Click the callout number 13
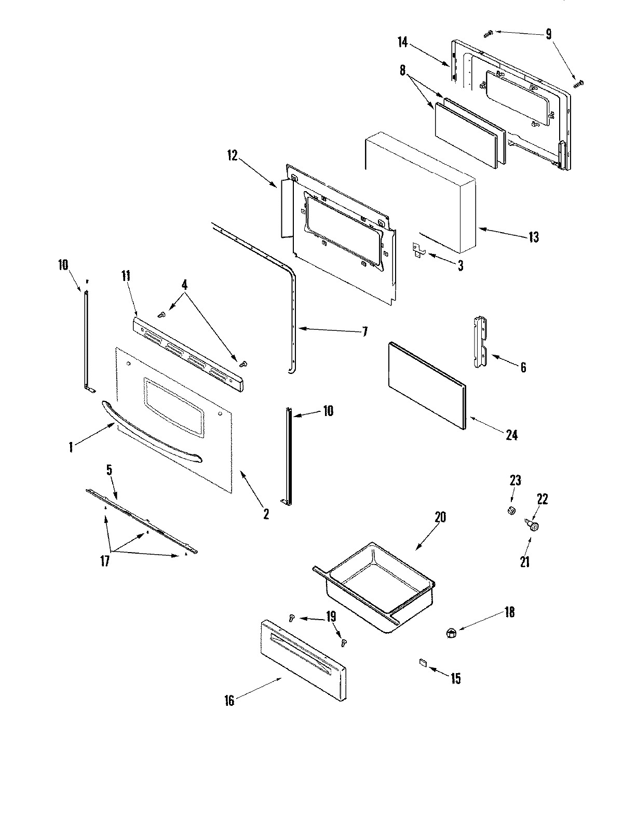534,238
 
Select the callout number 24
511,435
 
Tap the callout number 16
229,701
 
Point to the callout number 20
440,518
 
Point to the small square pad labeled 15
422,662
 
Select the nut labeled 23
511,511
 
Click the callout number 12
232,156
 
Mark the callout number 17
105,561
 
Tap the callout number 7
364,331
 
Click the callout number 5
109,471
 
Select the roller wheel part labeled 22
534,526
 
